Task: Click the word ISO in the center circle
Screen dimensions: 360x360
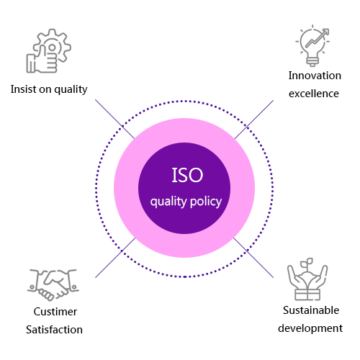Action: coord(187,175)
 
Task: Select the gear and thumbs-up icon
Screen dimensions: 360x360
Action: coord(48,50)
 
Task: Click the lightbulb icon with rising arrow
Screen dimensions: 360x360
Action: coord(312,45)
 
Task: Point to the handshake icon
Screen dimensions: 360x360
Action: coord(53,284)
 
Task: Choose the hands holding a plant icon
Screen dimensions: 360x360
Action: coord(307,279)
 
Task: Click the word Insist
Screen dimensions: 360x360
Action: coord(24,89)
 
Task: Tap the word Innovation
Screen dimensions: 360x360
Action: coord(315,76)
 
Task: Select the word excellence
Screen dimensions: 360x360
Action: coord(314,94)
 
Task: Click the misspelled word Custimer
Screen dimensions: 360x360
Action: coord(55,312)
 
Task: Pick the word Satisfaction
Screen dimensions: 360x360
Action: coord(54,330)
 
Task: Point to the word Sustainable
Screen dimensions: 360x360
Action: coord(311,310)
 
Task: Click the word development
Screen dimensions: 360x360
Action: coord(310,328)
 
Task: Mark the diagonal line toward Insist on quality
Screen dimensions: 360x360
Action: coord(114,119)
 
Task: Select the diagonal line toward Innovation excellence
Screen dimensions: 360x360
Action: coord(254,120)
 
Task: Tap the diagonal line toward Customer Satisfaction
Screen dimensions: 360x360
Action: coord(115,258)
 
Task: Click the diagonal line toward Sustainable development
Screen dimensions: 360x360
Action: coord(253,258)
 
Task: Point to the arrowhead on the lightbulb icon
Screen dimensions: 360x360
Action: coord(325,32)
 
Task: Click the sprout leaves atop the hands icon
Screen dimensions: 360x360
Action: coord(307,262)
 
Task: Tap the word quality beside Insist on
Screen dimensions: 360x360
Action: coord(71,90)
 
